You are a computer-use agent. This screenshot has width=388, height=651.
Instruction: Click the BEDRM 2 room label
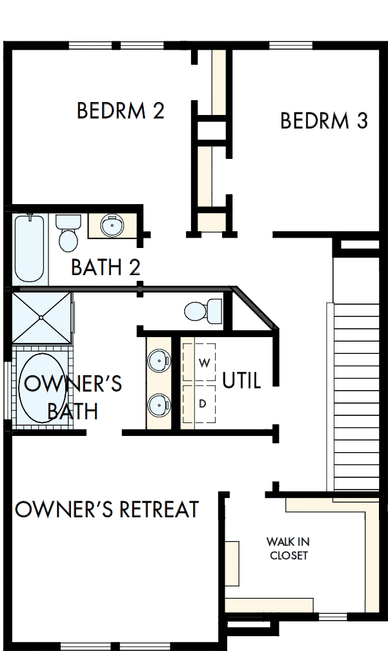pos(121,110)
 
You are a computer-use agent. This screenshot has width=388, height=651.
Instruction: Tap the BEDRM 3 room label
pos(324,121)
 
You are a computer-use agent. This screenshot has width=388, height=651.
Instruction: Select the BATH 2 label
pos(106,267)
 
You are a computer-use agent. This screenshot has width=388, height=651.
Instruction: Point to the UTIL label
pos(241,380)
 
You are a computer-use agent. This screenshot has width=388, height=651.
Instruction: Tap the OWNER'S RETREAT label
pos(107,510)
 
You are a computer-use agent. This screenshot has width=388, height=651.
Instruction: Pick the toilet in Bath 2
pos(67,232)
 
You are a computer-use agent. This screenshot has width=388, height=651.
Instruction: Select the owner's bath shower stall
pos(41,317)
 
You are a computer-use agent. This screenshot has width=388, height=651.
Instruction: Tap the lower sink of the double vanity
pos(159,406)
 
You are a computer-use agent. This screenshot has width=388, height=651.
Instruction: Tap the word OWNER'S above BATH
pos(72,384)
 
